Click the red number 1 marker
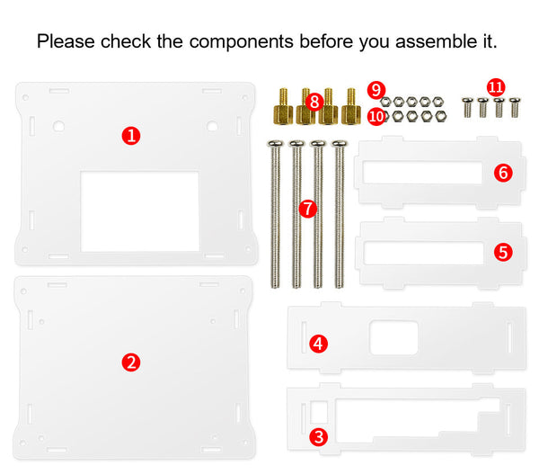[131, 136]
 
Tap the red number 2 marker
[131, 362]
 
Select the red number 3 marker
[318, 437]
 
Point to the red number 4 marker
[318, 344]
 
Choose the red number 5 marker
[503, 252]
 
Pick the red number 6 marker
[503, 173]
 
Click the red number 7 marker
[307, 209]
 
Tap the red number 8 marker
[314, 102]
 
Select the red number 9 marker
[376, 90]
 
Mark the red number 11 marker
[496, 87]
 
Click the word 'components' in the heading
[241, 41]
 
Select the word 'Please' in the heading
[66, 41]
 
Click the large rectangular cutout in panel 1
[139, 211]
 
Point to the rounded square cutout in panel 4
[393, 337]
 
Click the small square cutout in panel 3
[319, 412]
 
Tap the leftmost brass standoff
[283, 107]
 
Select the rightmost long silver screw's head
[340, 144]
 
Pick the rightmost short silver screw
[515, 107]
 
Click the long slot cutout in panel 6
[422, 173]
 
